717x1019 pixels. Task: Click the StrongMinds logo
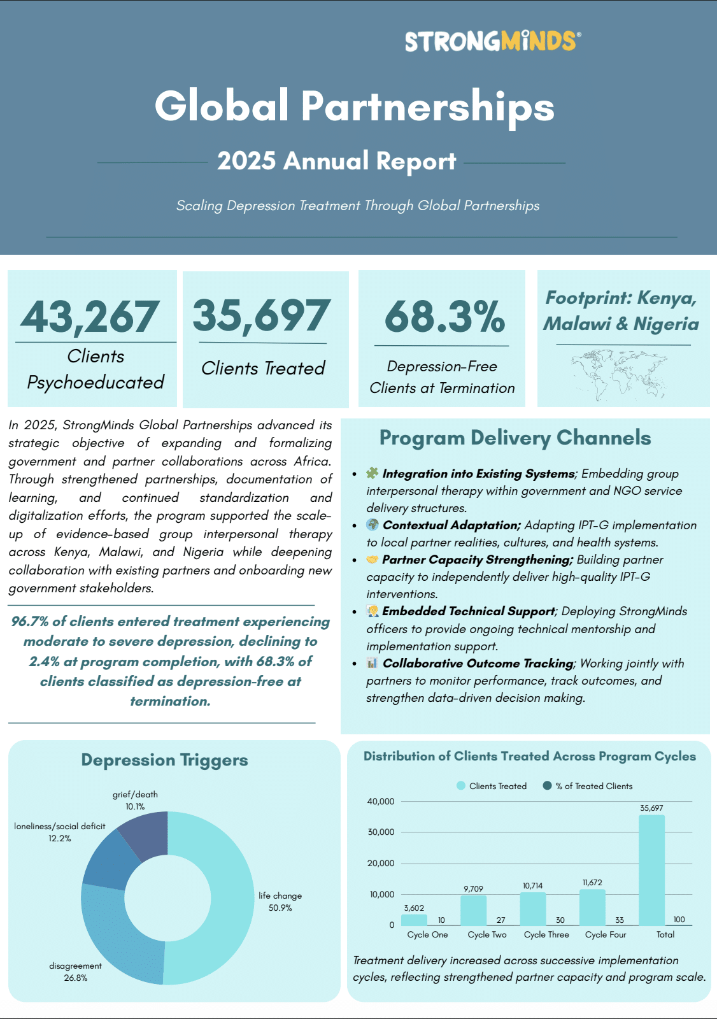tap(492, 41)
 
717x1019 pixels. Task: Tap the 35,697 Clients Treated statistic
tap(261, 317)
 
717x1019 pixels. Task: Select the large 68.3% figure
tap(444, 317)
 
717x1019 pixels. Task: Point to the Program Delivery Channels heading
tap(515, 438)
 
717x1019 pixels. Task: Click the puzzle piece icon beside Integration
tap(373, 473)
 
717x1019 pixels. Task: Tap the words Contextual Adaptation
tap(451, 525)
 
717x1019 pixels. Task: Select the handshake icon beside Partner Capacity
tap(373, 560)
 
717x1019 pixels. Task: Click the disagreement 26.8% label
tap(75, 972)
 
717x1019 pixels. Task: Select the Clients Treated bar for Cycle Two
tap(473, 911)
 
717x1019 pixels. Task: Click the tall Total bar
tap(651, 870)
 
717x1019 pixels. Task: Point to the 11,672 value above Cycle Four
tap(592, 883)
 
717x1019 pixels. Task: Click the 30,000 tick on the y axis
tap(381, 832)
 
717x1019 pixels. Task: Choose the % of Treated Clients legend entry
tap(587, 786)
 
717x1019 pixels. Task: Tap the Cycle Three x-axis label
tap(546, 935)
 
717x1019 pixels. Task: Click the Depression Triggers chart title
tap(164, 760)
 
